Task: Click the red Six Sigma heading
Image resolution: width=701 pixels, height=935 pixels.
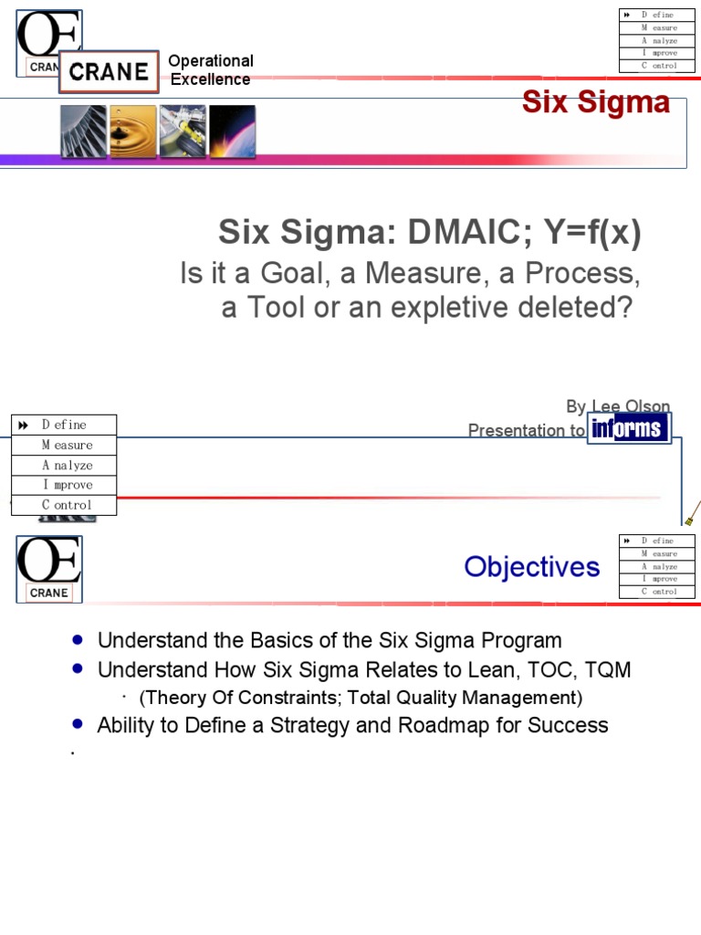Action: [595, 103]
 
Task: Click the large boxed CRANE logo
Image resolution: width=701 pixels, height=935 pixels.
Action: [109, 71]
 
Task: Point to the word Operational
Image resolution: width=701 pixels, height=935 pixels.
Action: [211, 61]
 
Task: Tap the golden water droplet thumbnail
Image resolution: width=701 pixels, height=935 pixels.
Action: [132, 131]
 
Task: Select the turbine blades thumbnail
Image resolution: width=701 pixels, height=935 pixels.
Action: [83, 131]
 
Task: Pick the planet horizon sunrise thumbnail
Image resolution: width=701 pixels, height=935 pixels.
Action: [232, 131]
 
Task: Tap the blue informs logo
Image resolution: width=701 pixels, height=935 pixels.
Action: [630, 428]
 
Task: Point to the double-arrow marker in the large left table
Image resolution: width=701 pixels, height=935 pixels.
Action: [24, 425]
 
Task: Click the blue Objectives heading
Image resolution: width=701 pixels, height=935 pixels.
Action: [531, 567]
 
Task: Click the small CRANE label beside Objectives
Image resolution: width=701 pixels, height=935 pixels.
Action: [48, 593]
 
